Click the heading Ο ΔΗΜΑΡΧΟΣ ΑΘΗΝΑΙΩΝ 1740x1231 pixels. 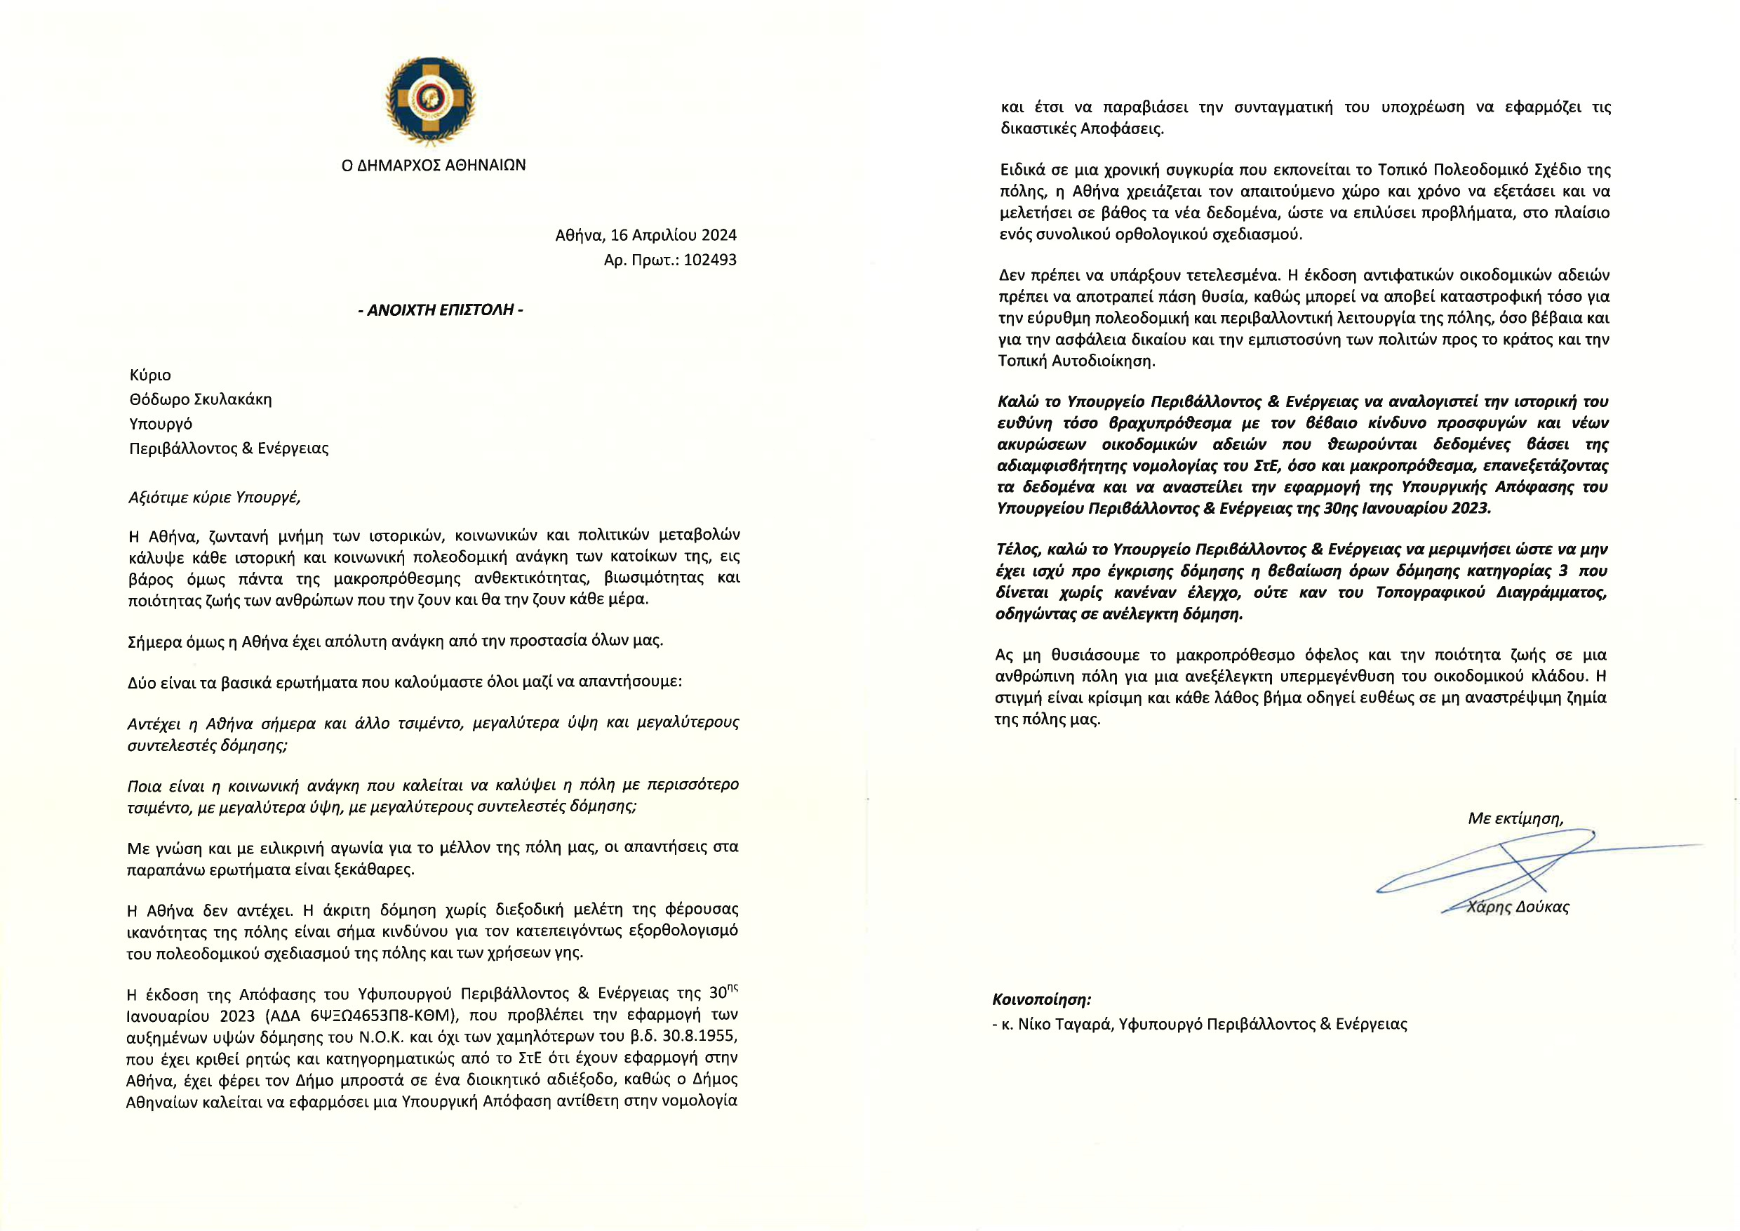(x=434, y=165)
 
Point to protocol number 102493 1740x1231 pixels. (x=709, y=260)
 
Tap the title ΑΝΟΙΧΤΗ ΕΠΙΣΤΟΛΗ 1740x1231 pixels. (x=441, y=310)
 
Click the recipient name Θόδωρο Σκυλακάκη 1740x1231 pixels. (x=200, y=399)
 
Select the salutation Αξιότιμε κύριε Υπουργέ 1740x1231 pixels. (x=215, y=498)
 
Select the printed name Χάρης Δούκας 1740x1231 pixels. (x=1518, y=907)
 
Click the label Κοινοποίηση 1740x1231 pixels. (x=1042, y=1000)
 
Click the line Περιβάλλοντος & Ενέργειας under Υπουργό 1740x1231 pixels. (x=229, y=448)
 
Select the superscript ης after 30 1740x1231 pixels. (x=732, y=988)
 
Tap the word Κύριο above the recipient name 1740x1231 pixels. (x=150, y=375)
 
